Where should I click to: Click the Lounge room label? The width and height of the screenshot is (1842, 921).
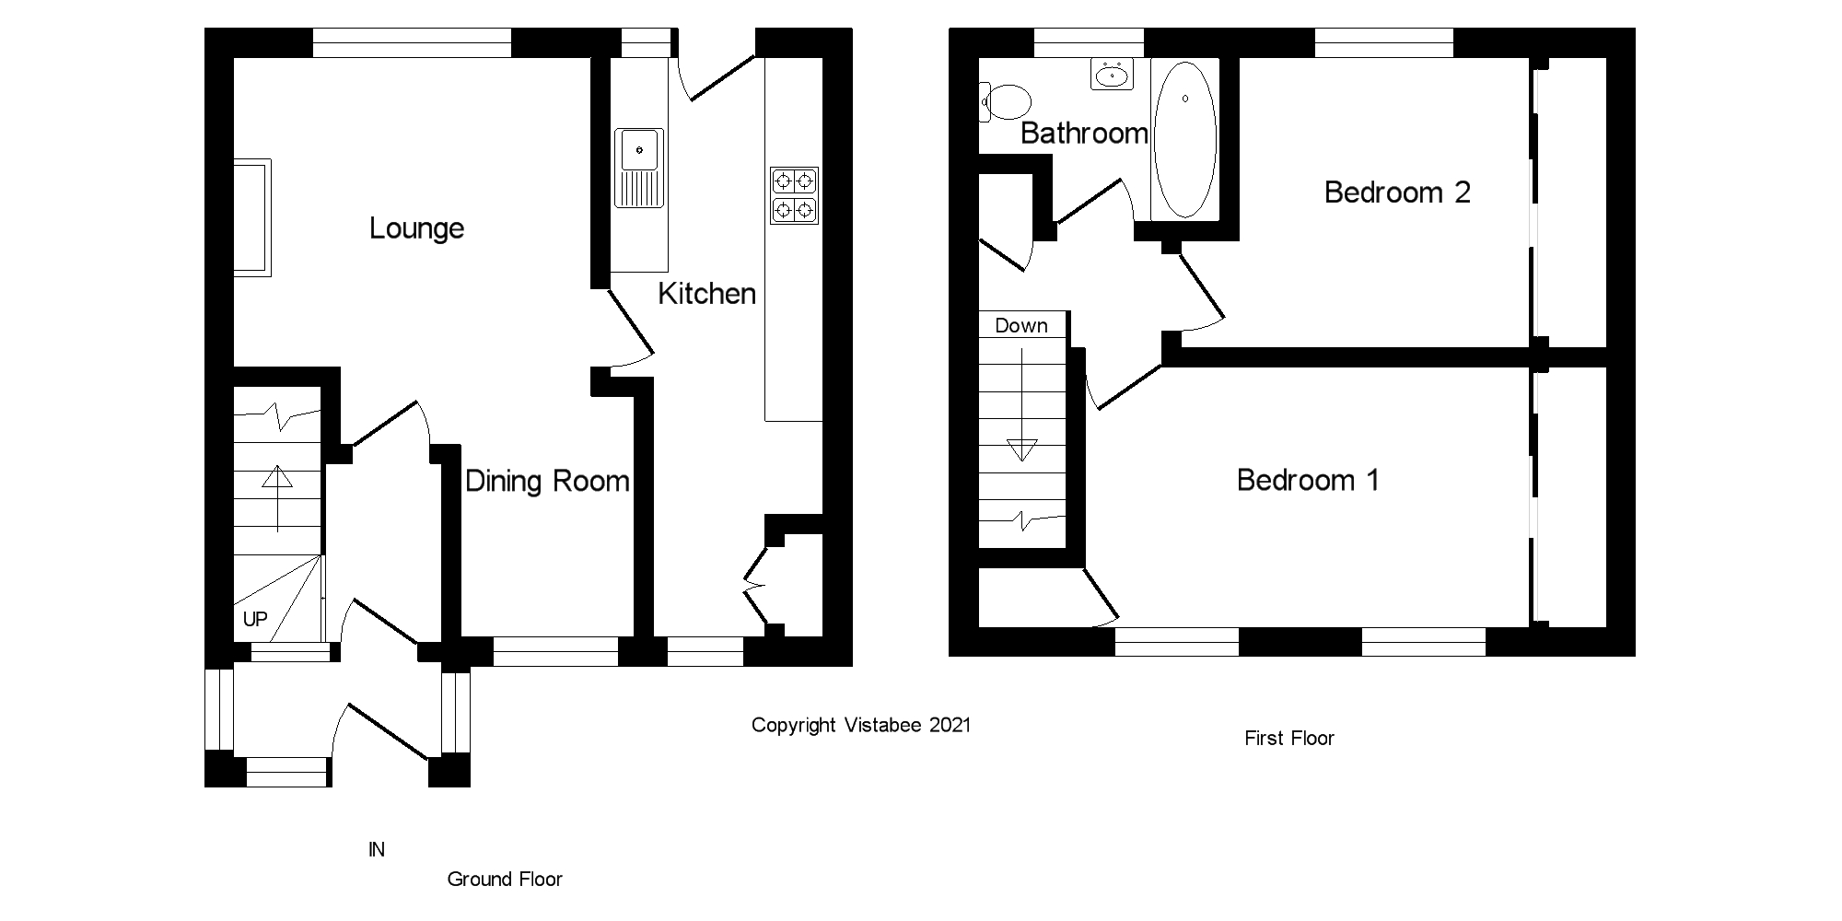click(x=416, y=228)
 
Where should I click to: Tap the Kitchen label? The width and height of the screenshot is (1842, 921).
click(x=706, y=294)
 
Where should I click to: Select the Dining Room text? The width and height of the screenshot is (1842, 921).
click(x=547, y=481)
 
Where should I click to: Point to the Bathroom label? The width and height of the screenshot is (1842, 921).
click(x=1084, y=134)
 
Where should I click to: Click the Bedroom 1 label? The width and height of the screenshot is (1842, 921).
click(x=1308, y=480)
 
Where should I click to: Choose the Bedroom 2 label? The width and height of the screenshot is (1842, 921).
click(x=1397, y=192)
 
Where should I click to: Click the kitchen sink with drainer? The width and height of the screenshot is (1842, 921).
click(x=639, y=168)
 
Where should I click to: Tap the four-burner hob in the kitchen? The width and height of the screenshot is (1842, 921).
click(x=794, y=195)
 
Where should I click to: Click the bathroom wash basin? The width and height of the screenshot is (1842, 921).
click(x=1112, y=74)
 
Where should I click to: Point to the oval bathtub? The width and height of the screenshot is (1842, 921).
click(x=1184, y=139)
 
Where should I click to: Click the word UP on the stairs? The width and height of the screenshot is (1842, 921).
click(x=255, y=619)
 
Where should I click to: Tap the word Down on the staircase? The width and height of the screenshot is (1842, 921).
click(x=1021, y=326)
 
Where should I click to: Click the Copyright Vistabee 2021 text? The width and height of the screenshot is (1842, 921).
click(x=861, y=726)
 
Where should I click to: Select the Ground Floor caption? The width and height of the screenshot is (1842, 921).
click(x=505, y=880)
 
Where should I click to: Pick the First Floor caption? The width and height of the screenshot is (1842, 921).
click(x=1288, y=739)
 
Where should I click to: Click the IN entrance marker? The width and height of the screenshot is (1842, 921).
click(x=377, y=850)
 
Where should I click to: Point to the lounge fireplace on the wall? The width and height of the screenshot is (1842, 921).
click(x=251, y=217)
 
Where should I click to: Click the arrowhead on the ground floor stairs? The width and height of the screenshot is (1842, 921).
click(x=277, y=477)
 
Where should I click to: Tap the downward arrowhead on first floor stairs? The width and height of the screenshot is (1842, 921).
click(x=1021, y=450)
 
